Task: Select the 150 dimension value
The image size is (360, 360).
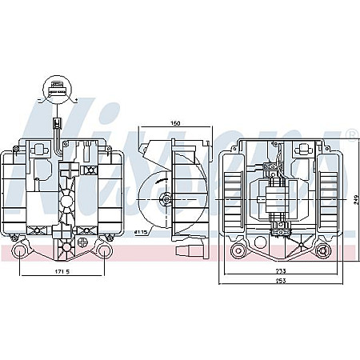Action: pos(174,124)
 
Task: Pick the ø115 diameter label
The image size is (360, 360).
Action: pos(142,232)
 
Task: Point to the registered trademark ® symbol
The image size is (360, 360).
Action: pos(351,134)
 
